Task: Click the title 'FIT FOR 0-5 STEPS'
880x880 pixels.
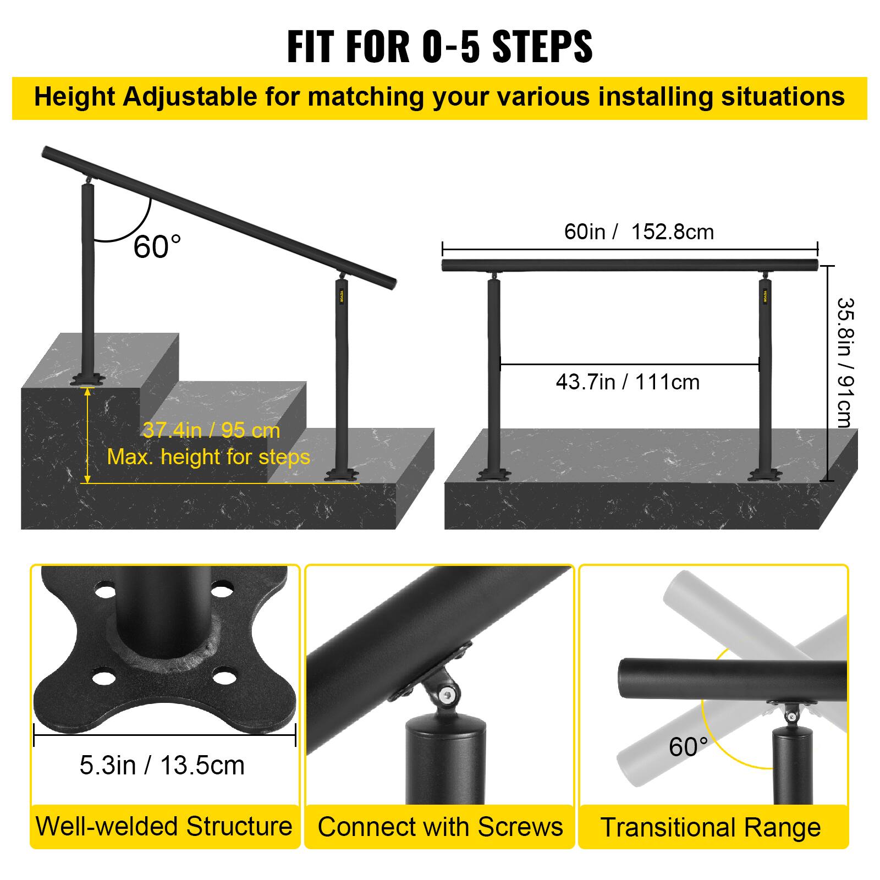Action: (439, 46)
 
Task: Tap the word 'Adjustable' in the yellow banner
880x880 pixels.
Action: (189, 97)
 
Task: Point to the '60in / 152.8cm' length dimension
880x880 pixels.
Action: (639, 232)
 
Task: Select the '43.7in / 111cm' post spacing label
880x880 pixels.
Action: (628, 382)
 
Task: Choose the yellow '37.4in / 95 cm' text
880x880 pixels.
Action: (211, 430)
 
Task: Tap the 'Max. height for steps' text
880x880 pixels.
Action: (208, 457)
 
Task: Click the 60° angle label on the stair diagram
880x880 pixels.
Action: (157, 247)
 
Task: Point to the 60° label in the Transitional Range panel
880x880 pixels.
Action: (687, 746)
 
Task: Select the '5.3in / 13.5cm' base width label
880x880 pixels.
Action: (162, 765)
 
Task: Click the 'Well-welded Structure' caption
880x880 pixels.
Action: (164, 826)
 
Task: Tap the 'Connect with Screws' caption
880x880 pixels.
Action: (440, 827)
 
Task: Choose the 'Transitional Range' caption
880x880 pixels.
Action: (710, 827)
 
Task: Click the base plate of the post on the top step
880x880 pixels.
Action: (87, 379)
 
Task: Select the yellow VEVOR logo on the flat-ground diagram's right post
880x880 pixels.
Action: (765, 295)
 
